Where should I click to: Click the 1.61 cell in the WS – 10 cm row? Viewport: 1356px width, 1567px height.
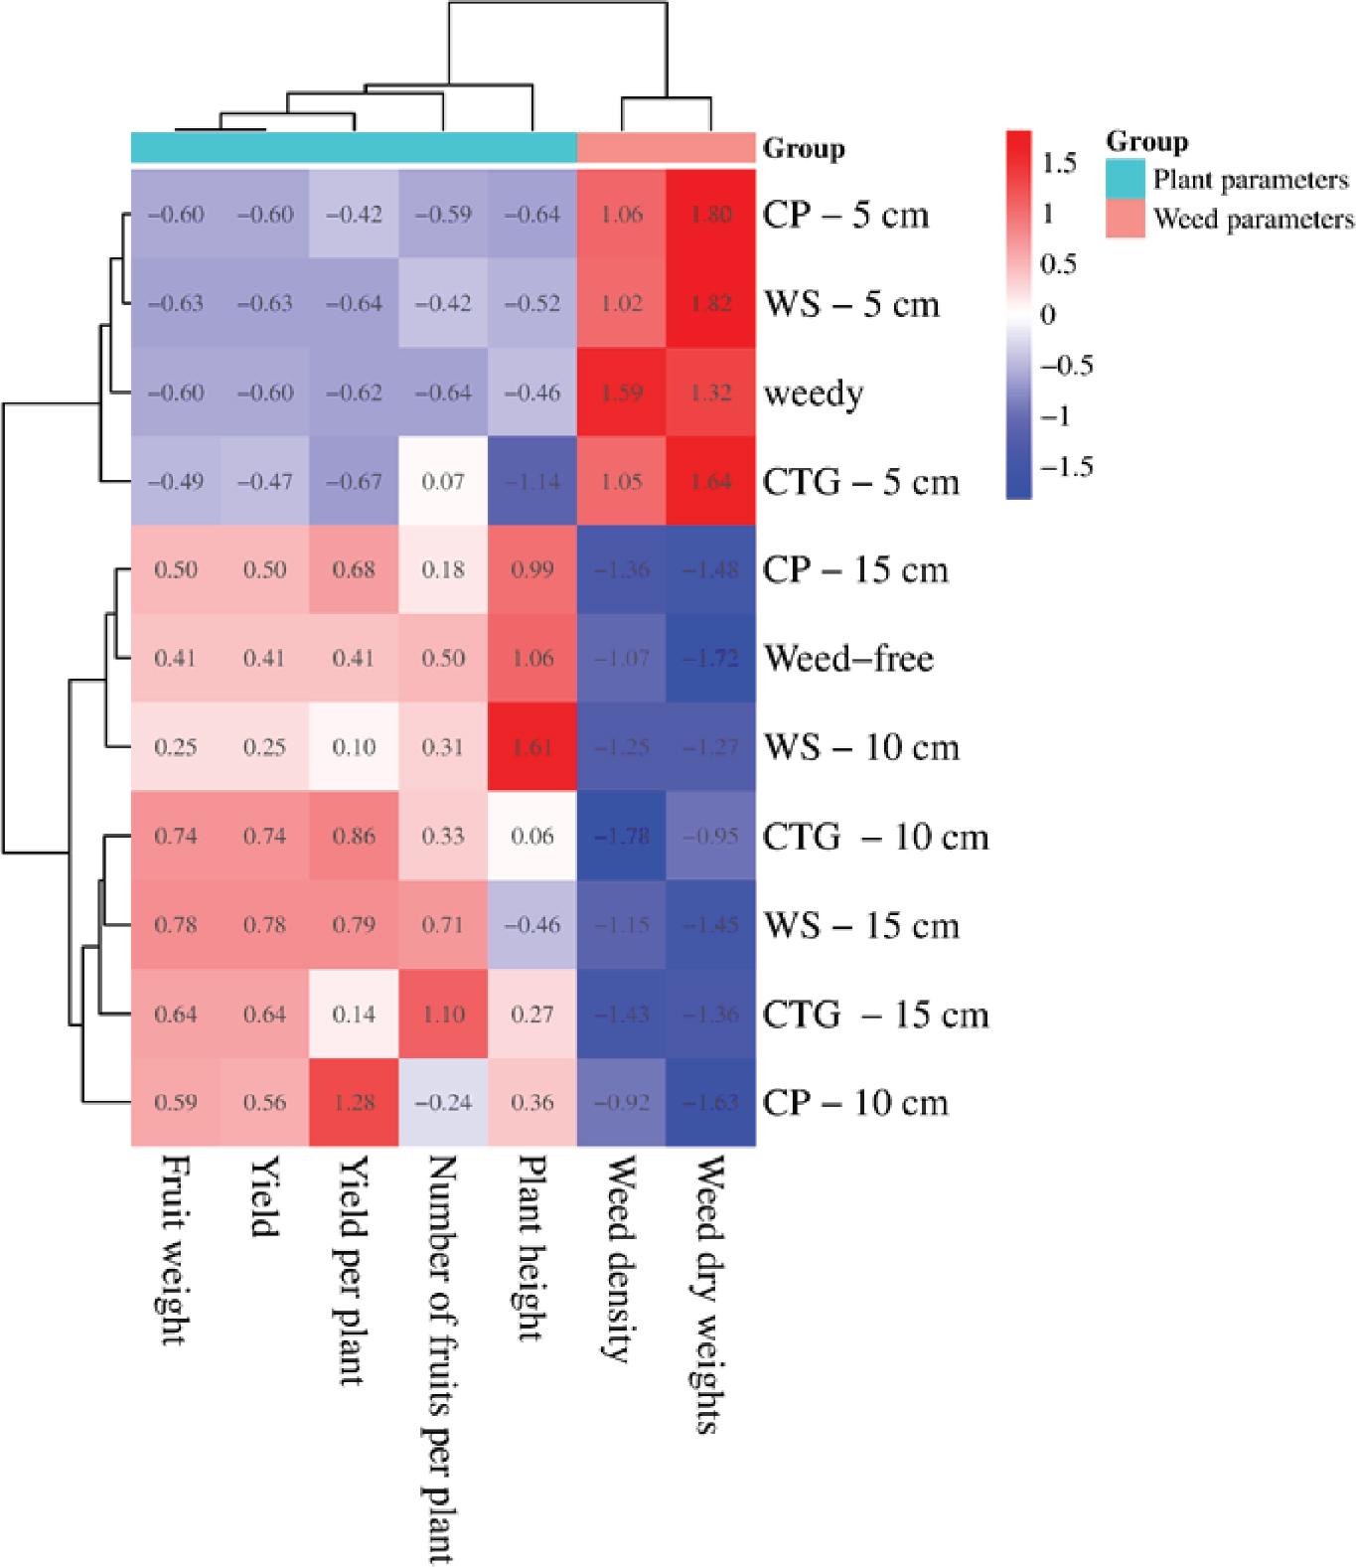pos(532,747)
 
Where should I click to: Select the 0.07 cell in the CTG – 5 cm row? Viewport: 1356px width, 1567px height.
pos(443,482)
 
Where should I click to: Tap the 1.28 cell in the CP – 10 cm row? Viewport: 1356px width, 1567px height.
pos(355,1103)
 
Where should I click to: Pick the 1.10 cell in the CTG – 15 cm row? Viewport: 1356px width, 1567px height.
pos(443,1015)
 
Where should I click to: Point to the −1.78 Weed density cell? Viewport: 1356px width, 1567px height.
pos(622,837)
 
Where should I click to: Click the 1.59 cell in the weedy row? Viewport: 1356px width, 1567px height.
pos(622,393)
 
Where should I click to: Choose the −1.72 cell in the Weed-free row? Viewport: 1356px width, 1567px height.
pos(711,659)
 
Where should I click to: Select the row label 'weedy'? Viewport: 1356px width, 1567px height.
pos(814,394)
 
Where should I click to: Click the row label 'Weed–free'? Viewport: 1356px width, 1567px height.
pos(848,658)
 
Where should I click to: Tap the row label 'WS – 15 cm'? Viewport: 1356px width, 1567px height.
pos(861,926)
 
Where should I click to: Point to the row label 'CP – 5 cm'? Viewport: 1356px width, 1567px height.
pos(845,216)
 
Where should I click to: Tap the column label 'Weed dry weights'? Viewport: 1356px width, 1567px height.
pos(709,1296)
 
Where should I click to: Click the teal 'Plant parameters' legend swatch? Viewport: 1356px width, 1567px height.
pos(1126,180)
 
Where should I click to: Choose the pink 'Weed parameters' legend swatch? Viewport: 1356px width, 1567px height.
pos(1126,219)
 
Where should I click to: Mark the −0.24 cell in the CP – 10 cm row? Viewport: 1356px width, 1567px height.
pos(443,1103)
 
